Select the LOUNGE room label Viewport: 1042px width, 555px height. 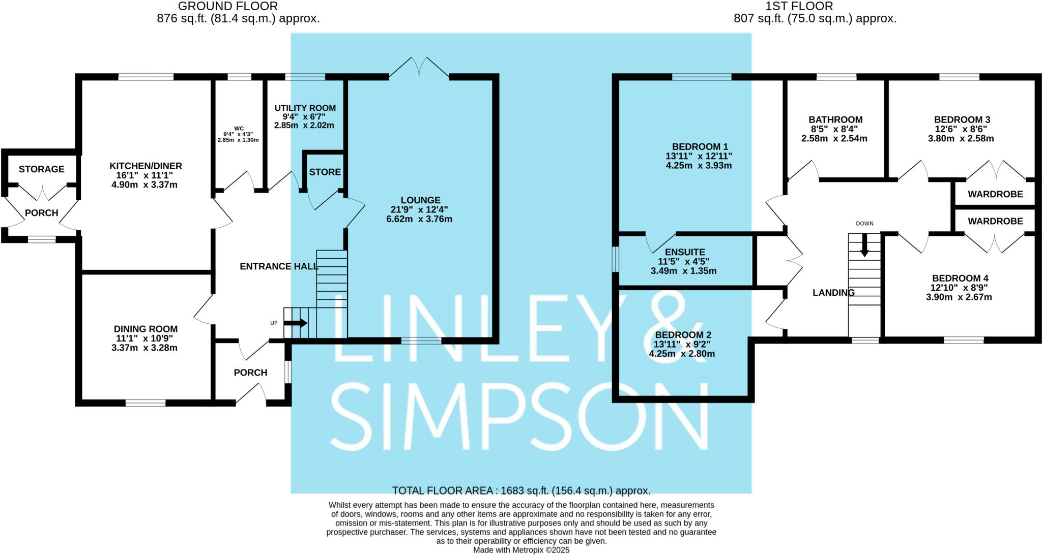(420, 200)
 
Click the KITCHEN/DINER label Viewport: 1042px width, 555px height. (146, 166)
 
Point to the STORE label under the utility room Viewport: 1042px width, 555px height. (325, 172)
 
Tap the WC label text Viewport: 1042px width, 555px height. (239, 129)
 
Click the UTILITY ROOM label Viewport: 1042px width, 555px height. (305, 108)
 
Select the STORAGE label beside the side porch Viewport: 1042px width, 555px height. (42, 169)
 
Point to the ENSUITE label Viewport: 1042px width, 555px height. (685, 252)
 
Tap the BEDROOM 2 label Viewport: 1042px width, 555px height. (683, 335)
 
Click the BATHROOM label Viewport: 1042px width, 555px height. (835, 120)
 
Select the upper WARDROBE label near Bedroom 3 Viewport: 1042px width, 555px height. (995, 194)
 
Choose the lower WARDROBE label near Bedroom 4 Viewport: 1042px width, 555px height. (995, 221)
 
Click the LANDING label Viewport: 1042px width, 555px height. (833, 293)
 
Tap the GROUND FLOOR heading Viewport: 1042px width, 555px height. (227, 7)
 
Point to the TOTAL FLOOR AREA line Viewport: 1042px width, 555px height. (521, 491)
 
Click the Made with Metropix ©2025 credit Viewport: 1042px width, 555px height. (521, 550)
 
